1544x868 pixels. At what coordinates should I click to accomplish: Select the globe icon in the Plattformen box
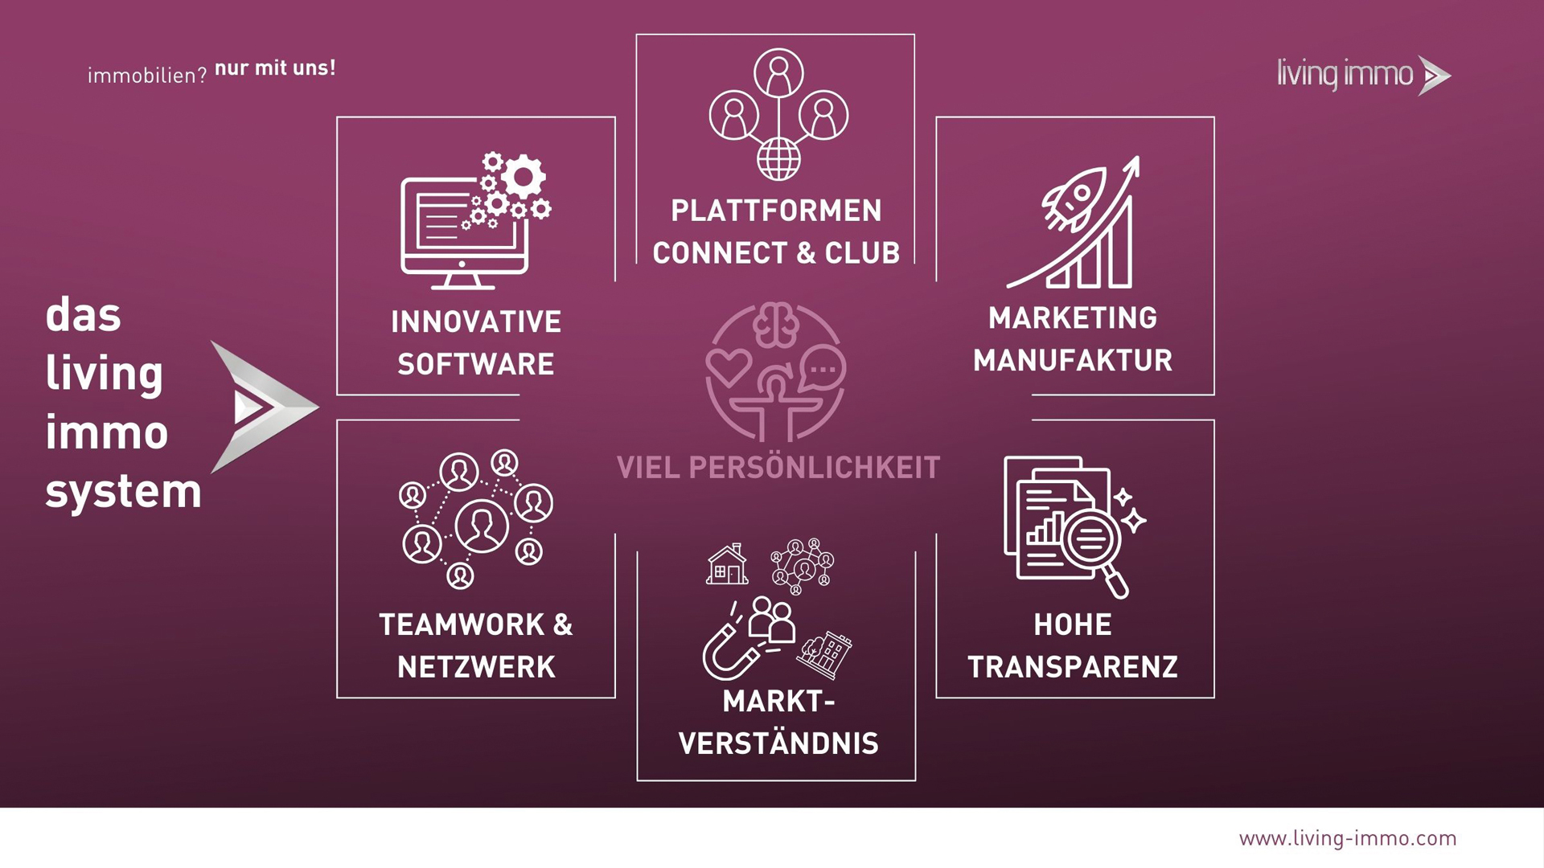click(x=778, y=159)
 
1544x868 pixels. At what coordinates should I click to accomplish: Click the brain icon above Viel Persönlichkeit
click(x=776, y=325)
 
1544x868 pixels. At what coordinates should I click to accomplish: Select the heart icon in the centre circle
click(x=729, y=368)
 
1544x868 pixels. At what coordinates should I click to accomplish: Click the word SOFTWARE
click(x=476, y=364)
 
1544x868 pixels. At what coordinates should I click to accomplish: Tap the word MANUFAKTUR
click(x=1073, y=360)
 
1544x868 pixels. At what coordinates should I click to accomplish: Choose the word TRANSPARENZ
click(x=1073, y=667)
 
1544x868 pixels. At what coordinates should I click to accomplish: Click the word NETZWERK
click(x=476, y=667)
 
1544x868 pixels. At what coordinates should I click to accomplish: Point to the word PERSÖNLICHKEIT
click(x=815, y=468)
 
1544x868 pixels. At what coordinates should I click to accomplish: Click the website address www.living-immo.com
click(x=1348, y=839)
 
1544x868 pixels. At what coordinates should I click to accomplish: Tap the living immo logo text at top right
click(x=1345, y=75)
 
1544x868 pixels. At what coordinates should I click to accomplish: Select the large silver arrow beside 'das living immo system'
click(x=265, y=407)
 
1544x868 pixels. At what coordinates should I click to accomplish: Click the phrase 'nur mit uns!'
click(x=275, y=68)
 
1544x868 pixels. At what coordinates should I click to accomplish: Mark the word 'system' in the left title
click(x=123, y=492)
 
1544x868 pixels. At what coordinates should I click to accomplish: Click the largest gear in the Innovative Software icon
click(x=524, y=177)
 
